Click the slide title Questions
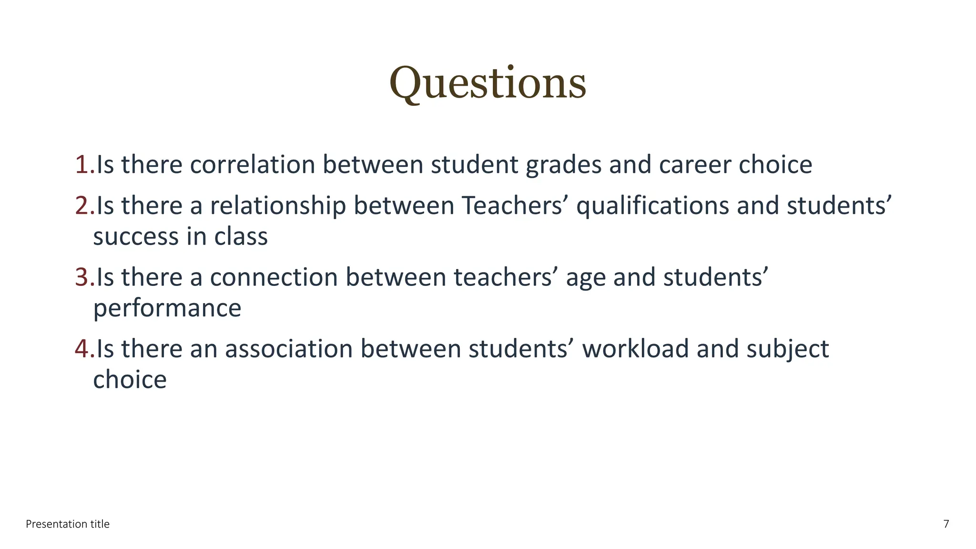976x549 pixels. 488,84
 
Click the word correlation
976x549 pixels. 253,165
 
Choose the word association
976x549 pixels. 289,349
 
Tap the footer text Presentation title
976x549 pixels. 68,524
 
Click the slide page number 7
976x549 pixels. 946,524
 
